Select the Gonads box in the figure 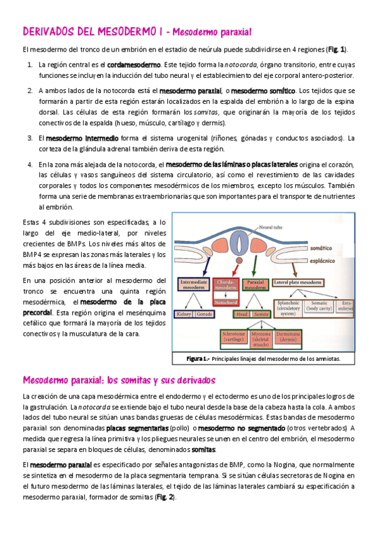[x=204, y=314]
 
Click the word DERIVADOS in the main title [x=48, y=31]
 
